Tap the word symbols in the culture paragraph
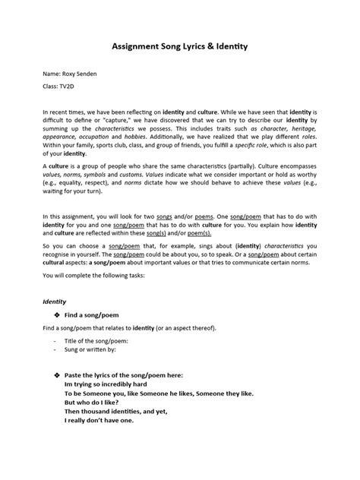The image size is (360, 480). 99,194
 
